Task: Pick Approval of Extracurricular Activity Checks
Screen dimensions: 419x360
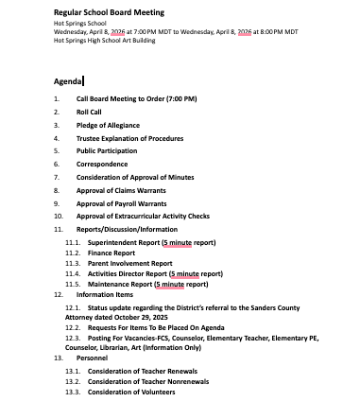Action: click(143, 217)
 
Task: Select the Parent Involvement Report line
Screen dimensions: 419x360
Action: click(130, 264)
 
